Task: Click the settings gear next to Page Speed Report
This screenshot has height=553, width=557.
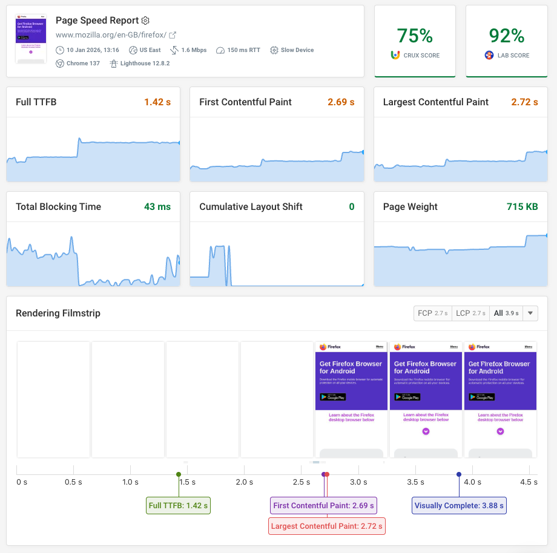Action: [x=145, y=21]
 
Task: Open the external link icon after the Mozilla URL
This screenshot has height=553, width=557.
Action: [x=173, y=35]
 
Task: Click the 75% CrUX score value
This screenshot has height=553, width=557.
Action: [x=415, y=36]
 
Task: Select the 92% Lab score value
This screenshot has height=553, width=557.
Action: [x=507, y=36]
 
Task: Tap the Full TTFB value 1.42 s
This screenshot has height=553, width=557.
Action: [x=157, y=102]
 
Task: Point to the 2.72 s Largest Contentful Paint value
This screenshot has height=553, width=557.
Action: [x=524, y=102]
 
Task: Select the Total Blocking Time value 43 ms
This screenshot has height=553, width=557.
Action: [x=157, y=207]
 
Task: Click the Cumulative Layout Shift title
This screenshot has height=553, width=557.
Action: [x=251, y=207]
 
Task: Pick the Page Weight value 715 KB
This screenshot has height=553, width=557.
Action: [x=522, y=207]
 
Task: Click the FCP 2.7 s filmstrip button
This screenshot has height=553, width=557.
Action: [x=432, y=313]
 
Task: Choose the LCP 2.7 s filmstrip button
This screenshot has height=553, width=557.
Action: [x=470, y=313]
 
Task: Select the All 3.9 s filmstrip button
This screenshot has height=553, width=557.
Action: [x=506, y=313]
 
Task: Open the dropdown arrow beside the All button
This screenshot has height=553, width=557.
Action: [x=530, y=313]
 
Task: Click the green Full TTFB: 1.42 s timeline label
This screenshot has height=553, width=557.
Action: [x=178, y=506]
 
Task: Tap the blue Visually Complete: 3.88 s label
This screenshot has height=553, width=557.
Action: [x=459, y=506]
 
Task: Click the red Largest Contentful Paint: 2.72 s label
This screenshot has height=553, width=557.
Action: [x=326, y=526]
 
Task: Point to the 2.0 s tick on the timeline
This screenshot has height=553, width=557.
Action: [x=245, y=482]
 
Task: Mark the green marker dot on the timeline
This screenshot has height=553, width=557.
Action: [x=178, y=474]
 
